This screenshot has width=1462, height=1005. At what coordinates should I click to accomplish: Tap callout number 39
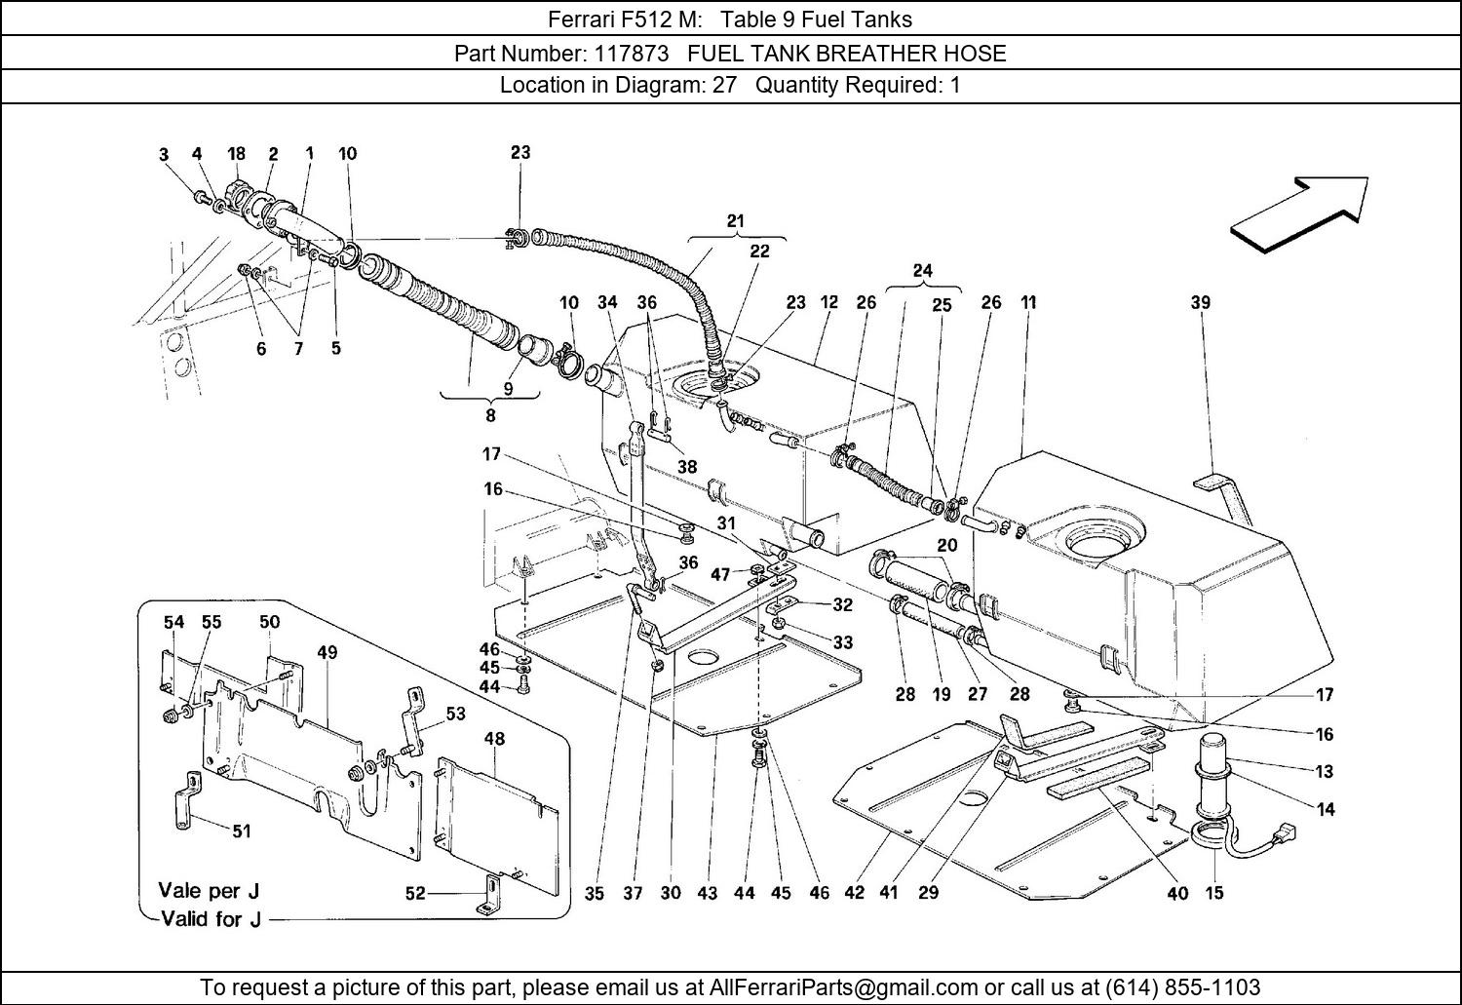(x=1200, y=302)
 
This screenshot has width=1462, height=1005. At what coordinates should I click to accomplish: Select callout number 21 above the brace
(x=735, y=221)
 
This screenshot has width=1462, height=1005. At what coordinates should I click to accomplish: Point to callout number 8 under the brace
(x=489, y=415)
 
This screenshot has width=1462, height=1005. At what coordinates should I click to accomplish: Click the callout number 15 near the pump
(x=1213, y=892)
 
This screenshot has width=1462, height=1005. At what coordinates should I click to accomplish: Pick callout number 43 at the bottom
(x=708, y=892)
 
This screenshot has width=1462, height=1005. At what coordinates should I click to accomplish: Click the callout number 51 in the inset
(x=241, y=831)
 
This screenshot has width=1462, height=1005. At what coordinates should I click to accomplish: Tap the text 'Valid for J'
(x=210, y=918)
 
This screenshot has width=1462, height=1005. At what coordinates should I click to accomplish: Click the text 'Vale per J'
(x=209, y=890)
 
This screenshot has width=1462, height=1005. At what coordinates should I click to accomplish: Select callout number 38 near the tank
(x=687, y=467)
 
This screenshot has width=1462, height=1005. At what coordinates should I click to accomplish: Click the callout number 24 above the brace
(x=922, y=271)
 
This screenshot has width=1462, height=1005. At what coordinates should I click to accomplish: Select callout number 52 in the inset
(x=415, y=892)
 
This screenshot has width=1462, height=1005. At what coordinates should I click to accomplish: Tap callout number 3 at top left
(x=164, y=154)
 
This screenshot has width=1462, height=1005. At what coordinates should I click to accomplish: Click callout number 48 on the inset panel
(x=494, y=738)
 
